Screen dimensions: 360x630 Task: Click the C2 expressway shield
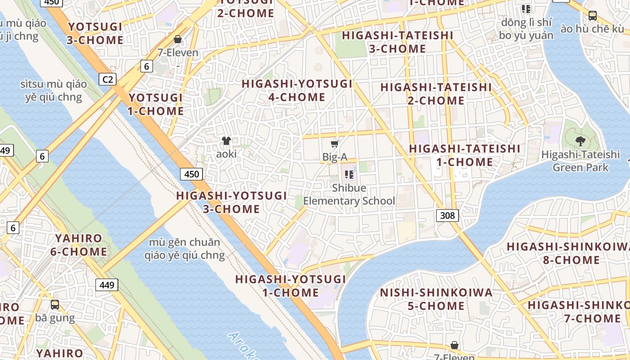108,80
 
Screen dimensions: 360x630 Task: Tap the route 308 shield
447,215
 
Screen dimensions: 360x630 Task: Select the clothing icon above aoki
226,141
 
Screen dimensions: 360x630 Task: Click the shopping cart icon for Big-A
334,144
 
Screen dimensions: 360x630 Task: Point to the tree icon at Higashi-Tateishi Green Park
580,141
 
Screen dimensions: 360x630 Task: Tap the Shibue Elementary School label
349,194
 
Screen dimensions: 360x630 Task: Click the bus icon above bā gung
55,305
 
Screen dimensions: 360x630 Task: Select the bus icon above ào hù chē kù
593,16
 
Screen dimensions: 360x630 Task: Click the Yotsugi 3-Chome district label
95,33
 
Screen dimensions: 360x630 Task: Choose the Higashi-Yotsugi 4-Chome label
297,90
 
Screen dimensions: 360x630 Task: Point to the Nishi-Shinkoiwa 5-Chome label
436,299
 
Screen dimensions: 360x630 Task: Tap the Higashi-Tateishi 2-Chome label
436,94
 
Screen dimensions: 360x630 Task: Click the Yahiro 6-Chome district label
79,245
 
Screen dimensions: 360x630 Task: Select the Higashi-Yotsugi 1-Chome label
291,286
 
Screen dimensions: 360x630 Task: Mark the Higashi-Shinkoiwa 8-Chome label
568,253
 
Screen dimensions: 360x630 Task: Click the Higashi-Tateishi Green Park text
580,161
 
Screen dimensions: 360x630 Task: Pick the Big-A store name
335,157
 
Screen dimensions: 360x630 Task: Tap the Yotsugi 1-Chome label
156,104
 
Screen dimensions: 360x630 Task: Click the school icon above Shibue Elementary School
349,174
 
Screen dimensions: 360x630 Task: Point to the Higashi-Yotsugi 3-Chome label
231,202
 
